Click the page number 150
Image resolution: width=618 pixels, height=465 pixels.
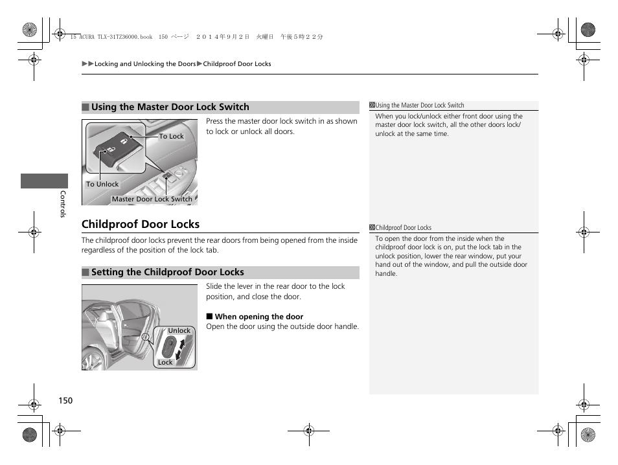point(65,400)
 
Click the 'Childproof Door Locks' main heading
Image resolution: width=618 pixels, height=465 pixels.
point(141,224)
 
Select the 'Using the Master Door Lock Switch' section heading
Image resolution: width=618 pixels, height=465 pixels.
point(170,108)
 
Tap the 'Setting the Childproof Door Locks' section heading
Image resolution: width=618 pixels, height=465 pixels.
point(167,273)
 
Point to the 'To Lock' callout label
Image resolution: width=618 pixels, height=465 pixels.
point(171,137)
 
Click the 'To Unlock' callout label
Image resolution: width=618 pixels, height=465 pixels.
point(102,184)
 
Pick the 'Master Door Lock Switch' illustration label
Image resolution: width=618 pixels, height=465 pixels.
point(152,199)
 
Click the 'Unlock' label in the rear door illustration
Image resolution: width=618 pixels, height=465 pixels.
point(179,330)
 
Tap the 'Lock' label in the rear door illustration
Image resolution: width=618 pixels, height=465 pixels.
point(165,363)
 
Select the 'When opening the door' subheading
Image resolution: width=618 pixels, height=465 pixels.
point(258,317)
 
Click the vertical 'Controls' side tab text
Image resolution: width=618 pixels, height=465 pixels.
point(63,203)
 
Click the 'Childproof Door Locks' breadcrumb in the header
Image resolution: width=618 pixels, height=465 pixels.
point(237,64)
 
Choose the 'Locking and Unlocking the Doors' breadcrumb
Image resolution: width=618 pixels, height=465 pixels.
point(144,64)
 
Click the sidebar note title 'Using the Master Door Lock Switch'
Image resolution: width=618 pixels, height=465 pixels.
point(420,106)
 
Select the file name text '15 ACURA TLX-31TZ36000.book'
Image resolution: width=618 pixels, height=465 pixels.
point(110,38)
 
